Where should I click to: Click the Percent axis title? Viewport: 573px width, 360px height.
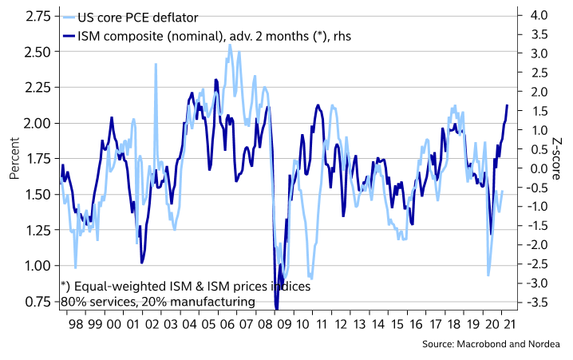pos(14,160)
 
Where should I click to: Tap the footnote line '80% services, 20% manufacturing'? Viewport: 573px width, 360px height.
pos(158,302)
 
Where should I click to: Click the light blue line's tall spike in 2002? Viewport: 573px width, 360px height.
pos(155,65)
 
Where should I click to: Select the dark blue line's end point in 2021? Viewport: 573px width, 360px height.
pos(507,105)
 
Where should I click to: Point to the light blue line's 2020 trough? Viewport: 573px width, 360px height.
pos(488,275)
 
